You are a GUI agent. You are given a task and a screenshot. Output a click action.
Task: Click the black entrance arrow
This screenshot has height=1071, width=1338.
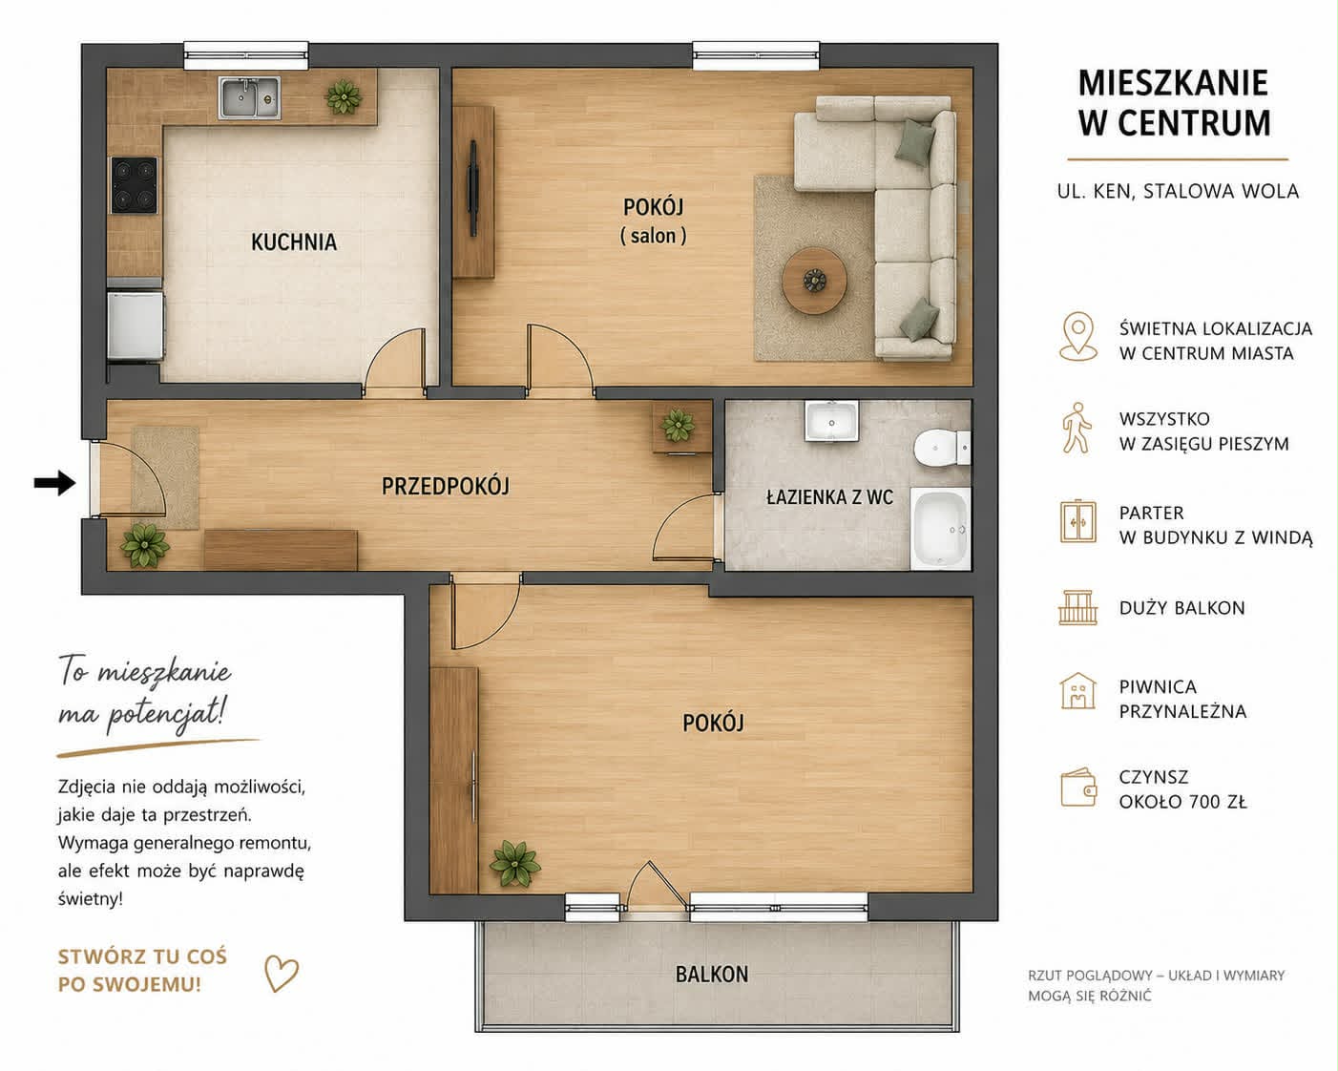coord(54,483)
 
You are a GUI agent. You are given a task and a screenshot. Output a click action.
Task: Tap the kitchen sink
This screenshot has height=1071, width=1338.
coord(249,97)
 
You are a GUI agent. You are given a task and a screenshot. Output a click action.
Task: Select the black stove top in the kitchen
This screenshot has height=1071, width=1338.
coord(134,185)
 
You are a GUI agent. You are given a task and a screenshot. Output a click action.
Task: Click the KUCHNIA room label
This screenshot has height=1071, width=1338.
coord(294,241)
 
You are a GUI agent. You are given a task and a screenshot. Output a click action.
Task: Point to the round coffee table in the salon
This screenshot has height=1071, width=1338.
coord(814,281)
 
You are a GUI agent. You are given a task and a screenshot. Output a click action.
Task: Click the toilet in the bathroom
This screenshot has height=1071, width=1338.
coord(941,447)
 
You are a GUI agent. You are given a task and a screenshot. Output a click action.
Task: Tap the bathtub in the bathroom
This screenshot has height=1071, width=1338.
coord(940,529)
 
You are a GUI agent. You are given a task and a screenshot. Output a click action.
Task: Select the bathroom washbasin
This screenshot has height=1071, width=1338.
coord(831,421)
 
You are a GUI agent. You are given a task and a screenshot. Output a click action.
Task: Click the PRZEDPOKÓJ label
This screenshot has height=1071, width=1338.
coord(445,487)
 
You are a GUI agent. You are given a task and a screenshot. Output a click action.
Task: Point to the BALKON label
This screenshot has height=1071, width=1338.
coord(712,974)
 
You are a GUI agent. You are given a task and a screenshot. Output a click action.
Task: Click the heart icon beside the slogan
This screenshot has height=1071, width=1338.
coord(281,973)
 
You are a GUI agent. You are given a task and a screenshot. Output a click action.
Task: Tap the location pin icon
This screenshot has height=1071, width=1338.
coord(1078,336)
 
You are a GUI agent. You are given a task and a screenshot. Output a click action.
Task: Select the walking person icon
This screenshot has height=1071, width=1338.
coord(1077,428)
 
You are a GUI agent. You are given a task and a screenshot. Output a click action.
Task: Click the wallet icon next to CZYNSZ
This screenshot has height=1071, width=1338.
coord(1078,787)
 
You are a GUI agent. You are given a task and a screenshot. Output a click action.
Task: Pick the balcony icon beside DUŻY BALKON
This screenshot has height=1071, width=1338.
coord(1077,608)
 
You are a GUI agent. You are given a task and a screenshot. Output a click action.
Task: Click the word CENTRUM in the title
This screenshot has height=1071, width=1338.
coord(1195,123)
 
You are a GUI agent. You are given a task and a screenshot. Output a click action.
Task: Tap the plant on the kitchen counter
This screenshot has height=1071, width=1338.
coord(344,97)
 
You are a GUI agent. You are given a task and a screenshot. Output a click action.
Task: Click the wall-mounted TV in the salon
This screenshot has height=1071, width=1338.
coord(473,188)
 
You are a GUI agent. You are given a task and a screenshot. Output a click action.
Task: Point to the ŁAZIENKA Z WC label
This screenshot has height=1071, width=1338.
coord(829,497)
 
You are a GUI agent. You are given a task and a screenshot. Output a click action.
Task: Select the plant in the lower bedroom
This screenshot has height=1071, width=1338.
coord(514,863)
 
